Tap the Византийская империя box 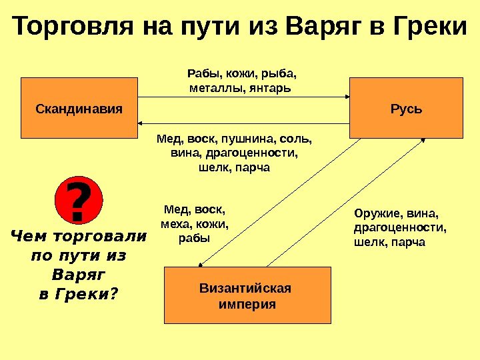247,295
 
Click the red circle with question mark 79,201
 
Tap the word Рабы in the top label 201,74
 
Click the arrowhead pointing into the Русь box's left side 348,97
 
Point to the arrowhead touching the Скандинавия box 142,124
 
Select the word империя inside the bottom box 247,304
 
